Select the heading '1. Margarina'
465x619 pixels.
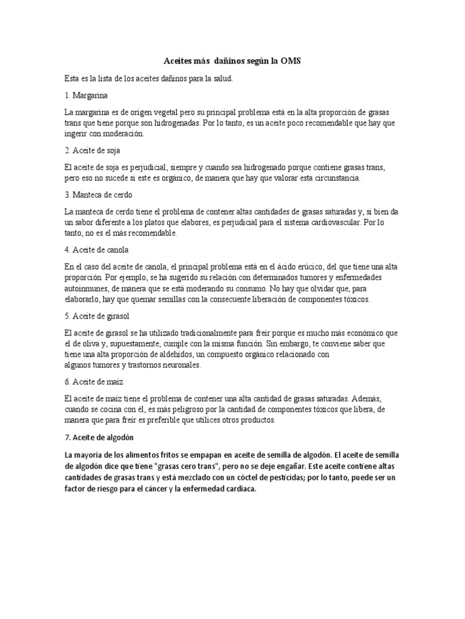pos(87,96)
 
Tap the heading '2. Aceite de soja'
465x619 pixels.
pos(94,150)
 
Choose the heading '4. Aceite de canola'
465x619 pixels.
pos(96,250)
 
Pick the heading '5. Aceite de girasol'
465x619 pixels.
pos(97,316)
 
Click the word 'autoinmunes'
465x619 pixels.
pos(86,288)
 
